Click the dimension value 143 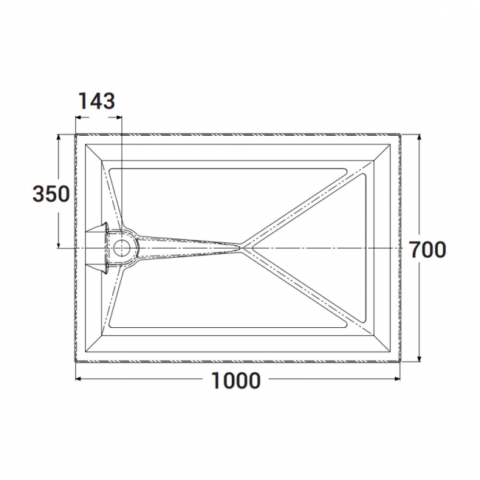pos(97,101)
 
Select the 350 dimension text pos(51,193)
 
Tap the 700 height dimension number pos(428,250)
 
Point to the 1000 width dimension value pos(236,381)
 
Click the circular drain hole pos(121,247)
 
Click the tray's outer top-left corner pos(77,134)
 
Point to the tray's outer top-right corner pos(400,134)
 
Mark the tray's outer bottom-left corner pos(77,363)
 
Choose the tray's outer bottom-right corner pos(400,363)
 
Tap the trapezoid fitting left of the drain pos(98,247)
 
